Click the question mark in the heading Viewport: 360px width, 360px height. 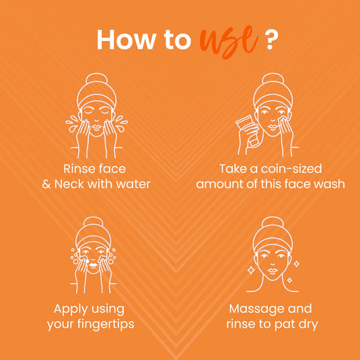tap(270, 39)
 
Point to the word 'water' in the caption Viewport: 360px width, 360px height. tap(133, 184)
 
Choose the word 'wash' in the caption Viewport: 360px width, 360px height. tap(326, 184)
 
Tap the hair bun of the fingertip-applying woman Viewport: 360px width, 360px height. tap(94, 223)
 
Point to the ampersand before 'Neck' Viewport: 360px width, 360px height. tap(46, 184)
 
